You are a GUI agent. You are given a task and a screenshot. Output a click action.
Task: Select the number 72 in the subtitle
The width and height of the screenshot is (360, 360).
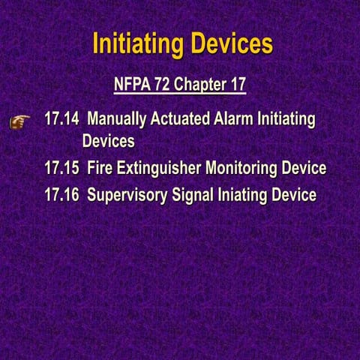coord(162,84)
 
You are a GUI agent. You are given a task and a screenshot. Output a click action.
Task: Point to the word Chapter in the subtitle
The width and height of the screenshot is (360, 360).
coord(198,84)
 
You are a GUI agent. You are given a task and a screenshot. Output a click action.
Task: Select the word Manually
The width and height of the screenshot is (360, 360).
coord(117,120)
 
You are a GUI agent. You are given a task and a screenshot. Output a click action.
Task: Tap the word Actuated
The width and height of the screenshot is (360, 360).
coord(181,120)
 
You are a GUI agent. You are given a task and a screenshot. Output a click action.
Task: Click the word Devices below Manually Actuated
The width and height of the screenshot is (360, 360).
coord(109,141)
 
